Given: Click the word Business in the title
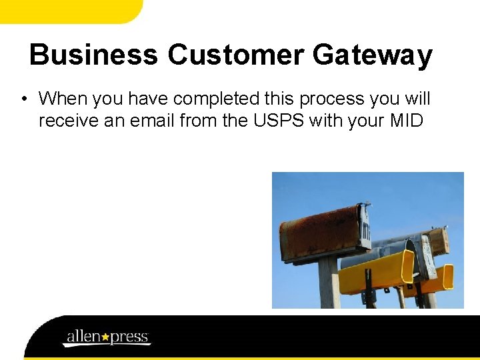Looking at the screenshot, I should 93,55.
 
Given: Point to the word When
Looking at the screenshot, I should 63,99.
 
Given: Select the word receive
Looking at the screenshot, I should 65,121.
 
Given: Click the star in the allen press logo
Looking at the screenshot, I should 105,337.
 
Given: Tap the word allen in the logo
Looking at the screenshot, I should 83,336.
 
